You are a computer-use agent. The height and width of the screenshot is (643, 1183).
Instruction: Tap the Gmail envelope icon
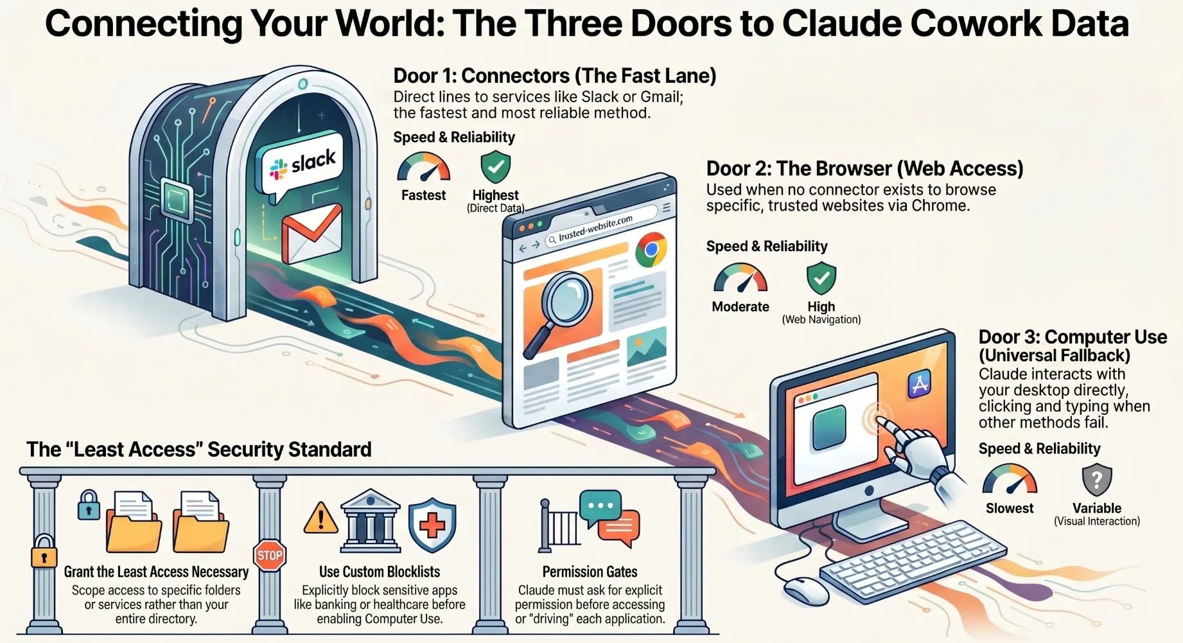(311, 233)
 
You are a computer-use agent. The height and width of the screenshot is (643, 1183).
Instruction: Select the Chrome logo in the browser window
(651, 251)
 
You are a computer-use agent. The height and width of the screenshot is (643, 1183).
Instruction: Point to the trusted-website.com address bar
(601, 227)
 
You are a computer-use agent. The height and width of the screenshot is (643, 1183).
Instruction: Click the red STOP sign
(270, 556)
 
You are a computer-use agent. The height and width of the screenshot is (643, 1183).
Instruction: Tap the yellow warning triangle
(320, 518)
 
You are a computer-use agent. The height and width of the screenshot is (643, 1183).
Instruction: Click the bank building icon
(370, 521)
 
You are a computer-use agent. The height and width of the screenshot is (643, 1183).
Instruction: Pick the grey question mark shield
(1097, 480)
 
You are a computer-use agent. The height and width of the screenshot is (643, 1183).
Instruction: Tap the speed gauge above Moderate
(740, 277)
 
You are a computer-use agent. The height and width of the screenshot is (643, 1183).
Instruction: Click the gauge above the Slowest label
(1010, 479)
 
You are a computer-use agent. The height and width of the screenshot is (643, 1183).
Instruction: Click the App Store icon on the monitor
(920, 384)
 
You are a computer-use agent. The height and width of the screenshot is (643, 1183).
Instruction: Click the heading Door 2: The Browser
(864, 169)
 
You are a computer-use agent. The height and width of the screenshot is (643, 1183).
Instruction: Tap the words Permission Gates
(590, 572)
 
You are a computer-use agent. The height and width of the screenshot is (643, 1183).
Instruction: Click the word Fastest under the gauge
(423, 195)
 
